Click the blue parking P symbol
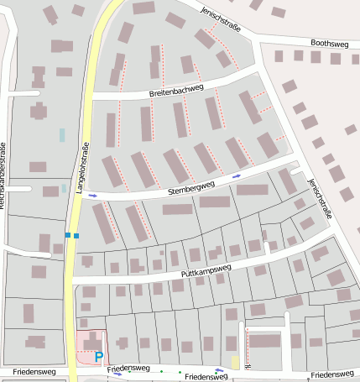click(x=99, y=357)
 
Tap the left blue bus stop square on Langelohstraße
click(x=68, y=236)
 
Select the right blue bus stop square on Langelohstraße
click(x=76, y=236)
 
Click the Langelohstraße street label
click(x=83, y=168)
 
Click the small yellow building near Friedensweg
click(x=236, y=362)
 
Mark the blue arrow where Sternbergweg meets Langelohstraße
click(x=92, y=196)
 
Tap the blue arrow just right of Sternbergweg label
click(x=237, y=176)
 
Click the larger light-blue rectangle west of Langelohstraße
click(x=62, y=134)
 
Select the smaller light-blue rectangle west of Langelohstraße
click(x=64, y=189)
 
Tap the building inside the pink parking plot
click(x=90, y=342)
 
